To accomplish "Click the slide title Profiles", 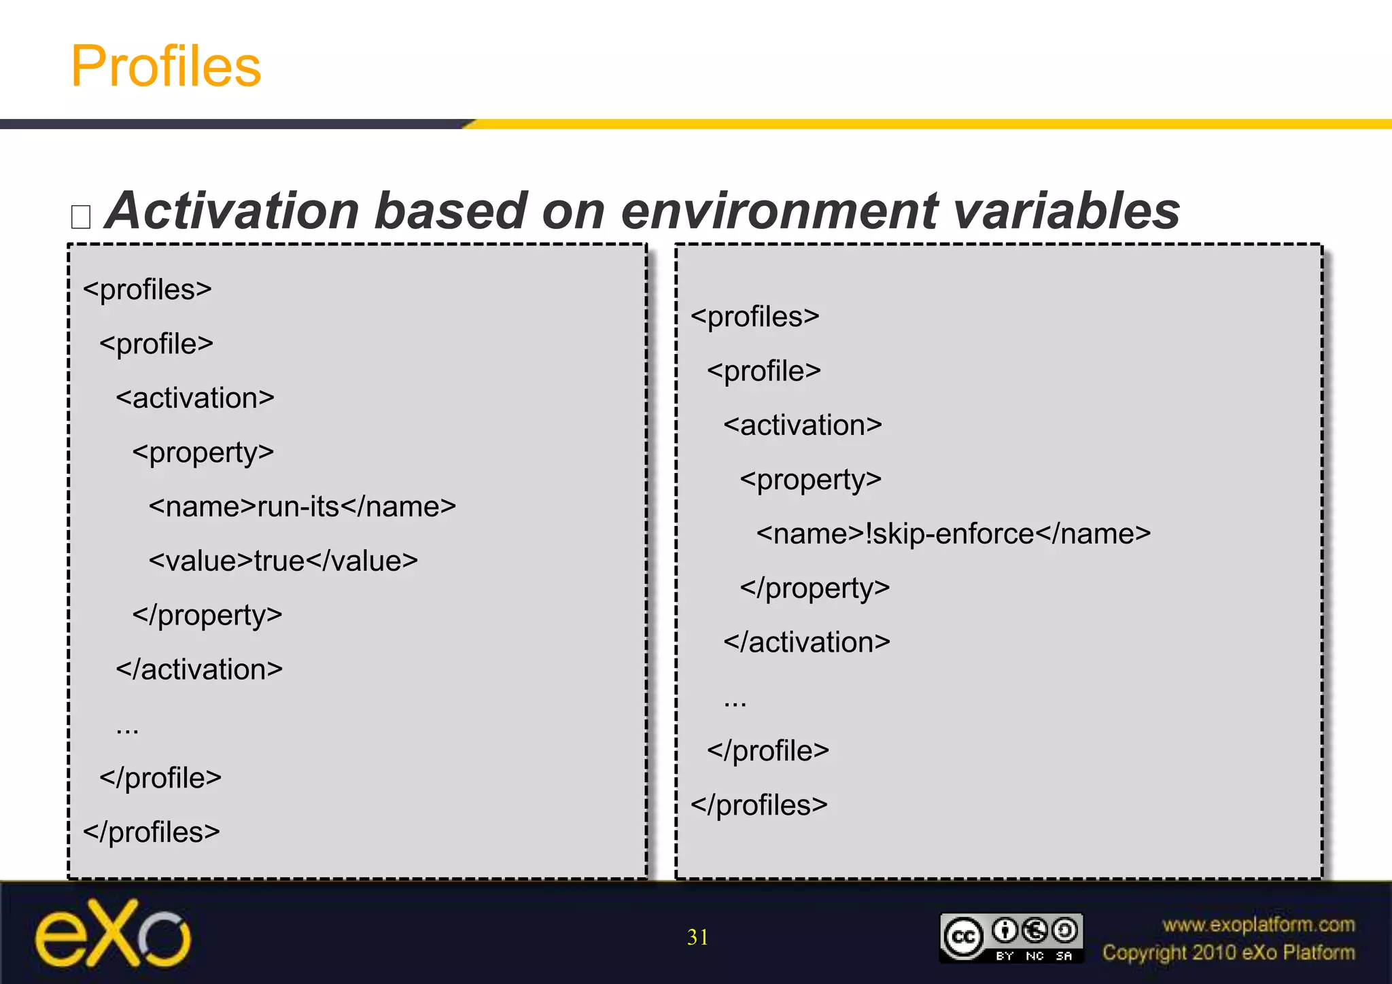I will pyautogui.click(x=166, y=66).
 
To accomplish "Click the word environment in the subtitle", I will pyautogui.click(x=779, y=211).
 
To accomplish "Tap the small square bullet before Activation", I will pyautogui.click(x=81, y=217).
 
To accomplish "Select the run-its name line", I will pyautogui.click(x=302, y=507).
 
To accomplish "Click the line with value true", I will pyautogui.click(x=283, y=561).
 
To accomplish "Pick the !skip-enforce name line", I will pyautogui.click(x=953, y=534).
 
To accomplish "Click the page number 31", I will pyautogui.click(x=697, y=937).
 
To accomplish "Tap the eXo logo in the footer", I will pyautogui.click(x=113, y=934).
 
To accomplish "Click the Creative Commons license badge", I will pyautogui.click(x=1011, y=938).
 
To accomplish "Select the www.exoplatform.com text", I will pyautogui.click(x=1258, y=925).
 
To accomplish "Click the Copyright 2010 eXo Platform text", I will pyautogui.click(x=1228, y=953).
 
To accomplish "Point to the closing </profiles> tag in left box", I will pyautogui.click(x=152, y=832).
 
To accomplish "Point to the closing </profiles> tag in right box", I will pyautogui.click(x=759, y=805).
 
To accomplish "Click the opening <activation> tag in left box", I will pyautogui.click(x=195, y=398).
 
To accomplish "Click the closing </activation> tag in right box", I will pyautogui.click(x=807, y=643).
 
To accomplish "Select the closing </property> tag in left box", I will pyautogui.click(x=207, y=616).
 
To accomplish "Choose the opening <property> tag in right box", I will pyautogui.click(x=810, y=480).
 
